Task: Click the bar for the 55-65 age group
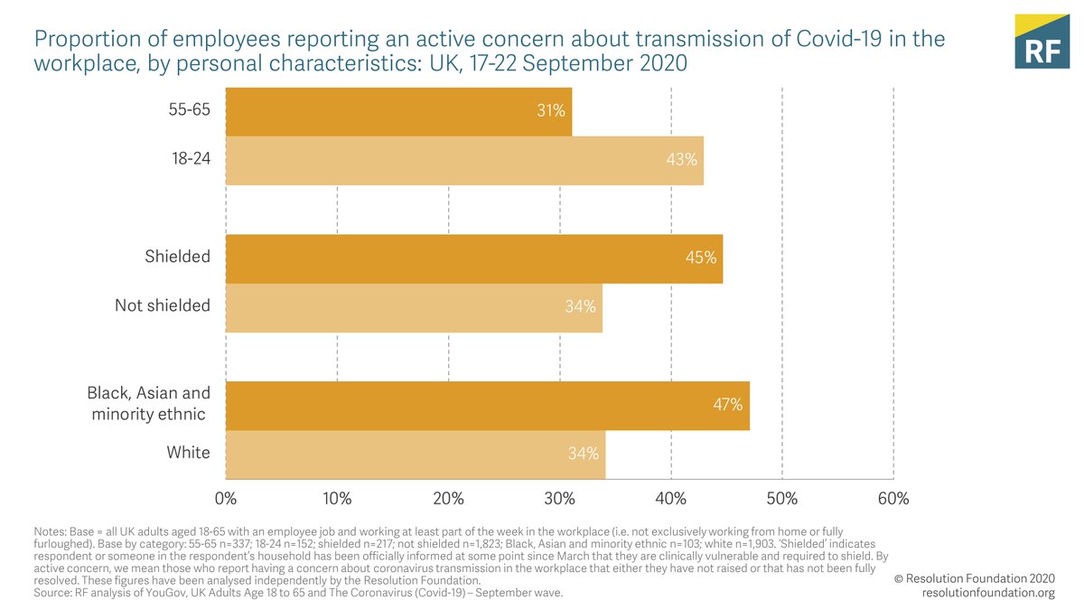click(397, 111)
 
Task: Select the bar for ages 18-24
click(463, 160)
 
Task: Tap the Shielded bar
click(473, 258)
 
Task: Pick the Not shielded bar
click(413, 307)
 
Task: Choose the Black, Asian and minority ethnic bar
click(487, 405)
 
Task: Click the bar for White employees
click(415, 454)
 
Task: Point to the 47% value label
click(727, 405)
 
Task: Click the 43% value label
click(682, 160)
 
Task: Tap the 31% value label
click(550, 111)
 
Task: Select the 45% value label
click(701, 258)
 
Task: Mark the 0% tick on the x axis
click(225, 499)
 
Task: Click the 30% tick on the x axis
click(559, 499)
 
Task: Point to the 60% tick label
click(892, 499)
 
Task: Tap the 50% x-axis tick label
click(781, 499)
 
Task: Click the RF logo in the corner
click(1041, 42)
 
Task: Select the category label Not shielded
click(163, 305)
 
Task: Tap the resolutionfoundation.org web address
click(988, 593)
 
